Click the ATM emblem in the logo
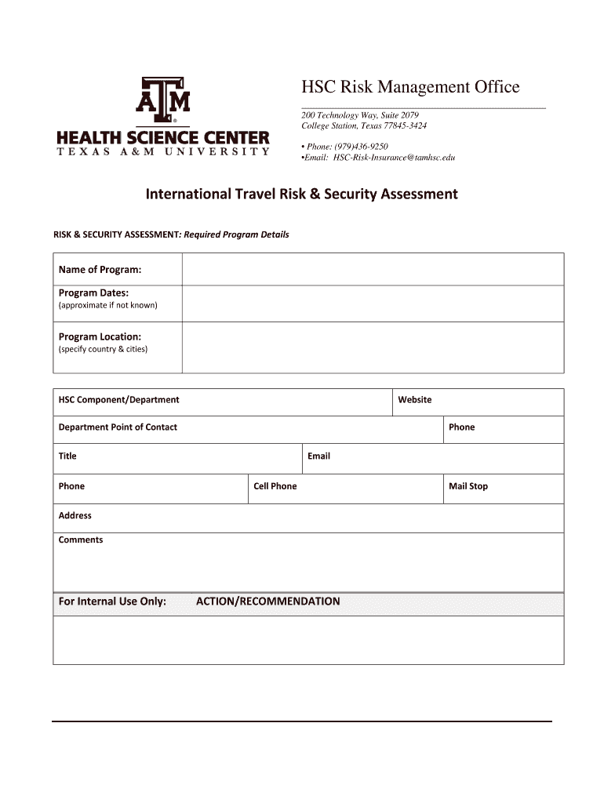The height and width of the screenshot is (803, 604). (x=164, y=100)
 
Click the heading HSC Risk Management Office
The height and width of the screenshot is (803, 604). (x=410, y=87)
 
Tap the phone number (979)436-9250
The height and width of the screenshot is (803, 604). (x=361, y=147)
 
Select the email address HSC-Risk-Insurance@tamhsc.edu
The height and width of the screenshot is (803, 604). (x=394, y=158)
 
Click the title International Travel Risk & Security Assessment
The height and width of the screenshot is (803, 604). (x=301, y=194)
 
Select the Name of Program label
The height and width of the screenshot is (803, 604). (x=100, y=270)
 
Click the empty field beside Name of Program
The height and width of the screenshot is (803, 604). (x=373, y=270)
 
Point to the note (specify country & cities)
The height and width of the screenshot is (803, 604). (x=103, y=349)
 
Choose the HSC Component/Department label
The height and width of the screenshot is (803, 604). (x=118, y=400)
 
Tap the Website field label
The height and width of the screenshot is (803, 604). (x=414, y=400)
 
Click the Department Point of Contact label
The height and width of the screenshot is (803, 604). (x=118, y=427)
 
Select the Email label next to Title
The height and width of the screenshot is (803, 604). (x=318, y=456)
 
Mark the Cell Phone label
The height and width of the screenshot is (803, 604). (x=275, y=486)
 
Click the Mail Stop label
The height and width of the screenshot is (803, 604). (x=468, y=486)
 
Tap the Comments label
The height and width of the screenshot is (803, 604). (x=80, y=540)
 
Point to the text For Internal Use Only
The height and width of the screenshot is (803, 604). (x=112, y=601)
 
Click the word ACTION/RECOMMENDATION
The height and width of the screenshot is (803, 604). (x=267, y=601)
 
